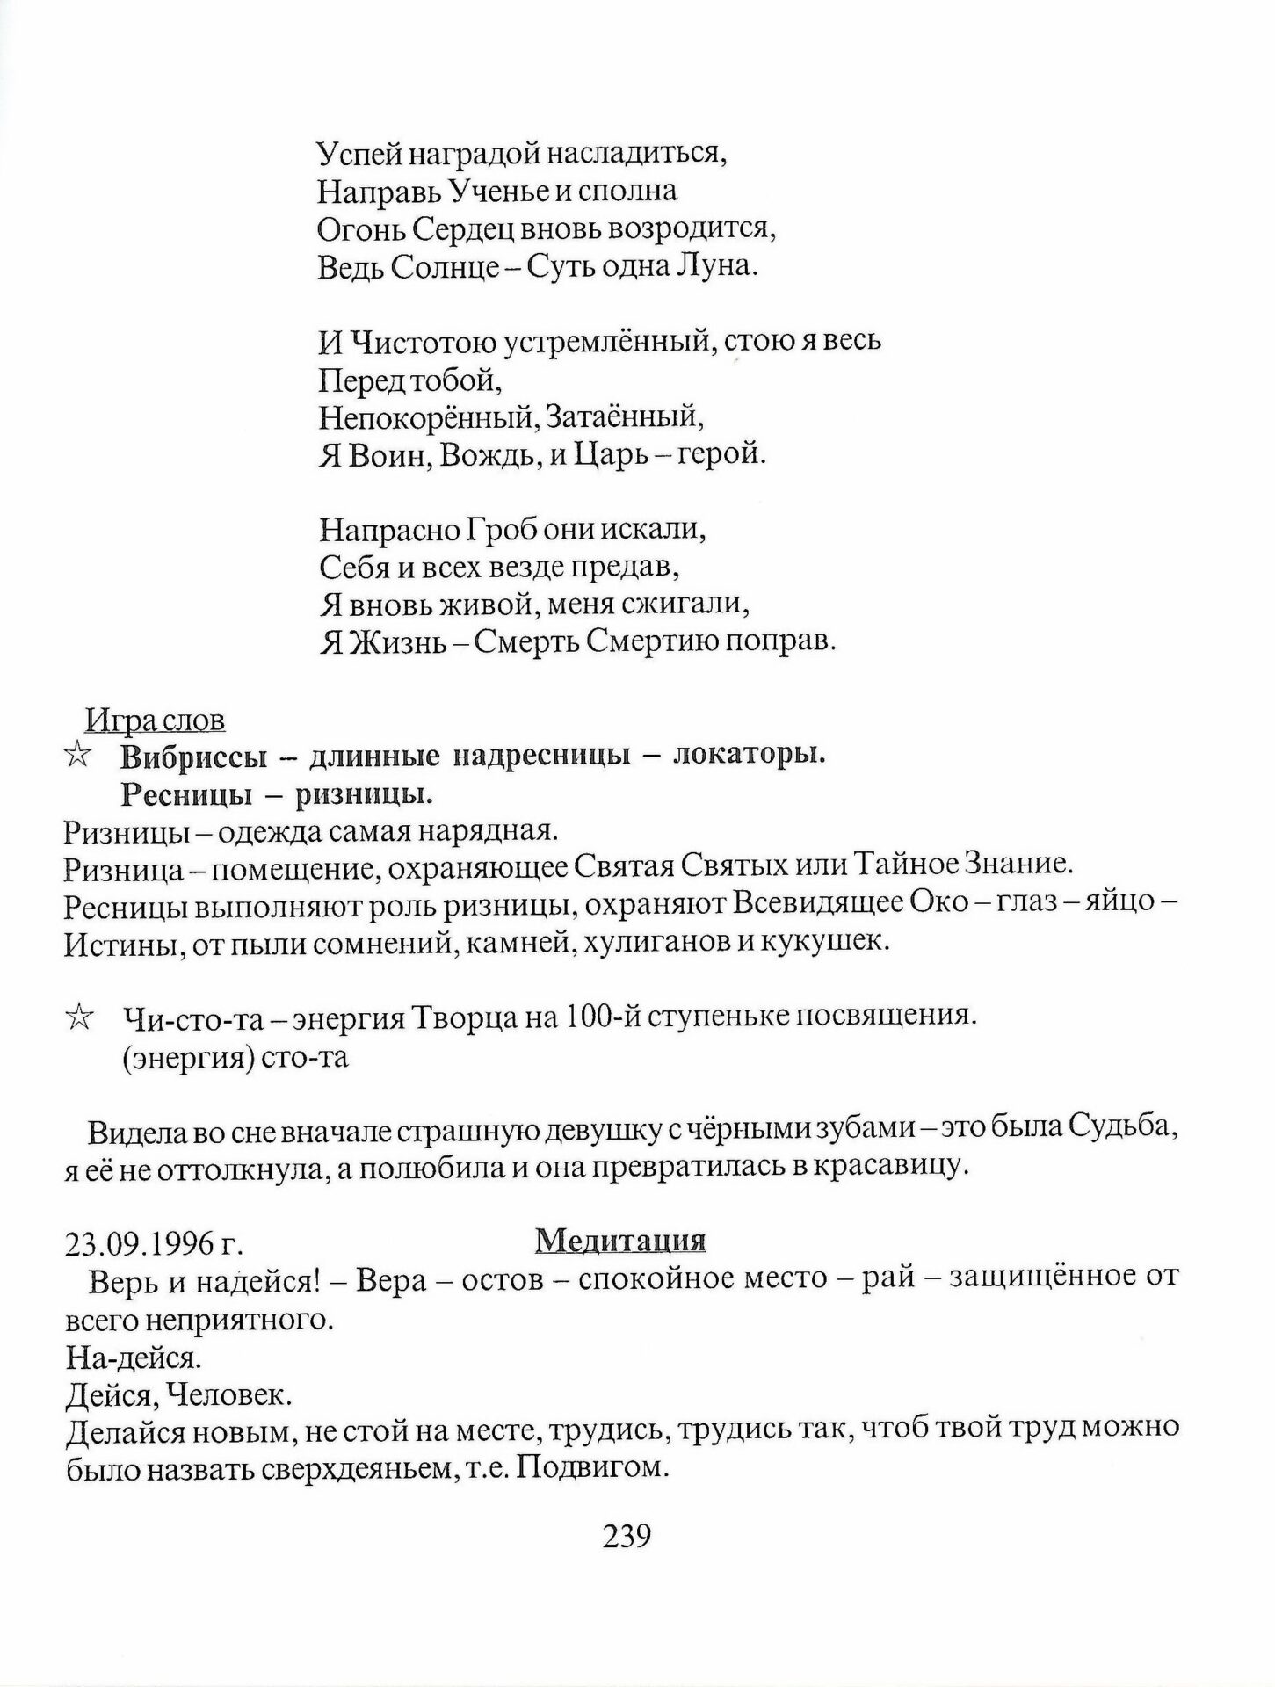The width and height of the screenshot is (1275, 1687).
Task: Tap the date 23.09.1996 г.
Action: tap(153, 1245)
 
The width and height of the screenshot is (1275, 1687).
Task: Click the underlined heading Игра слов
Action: tap(156, 720)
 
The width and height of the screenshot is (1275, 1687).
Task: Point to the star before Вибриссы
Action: tap(78, 755)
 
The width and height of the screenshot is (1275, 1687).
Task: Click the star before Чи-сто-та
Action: tap(78, 1017)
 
